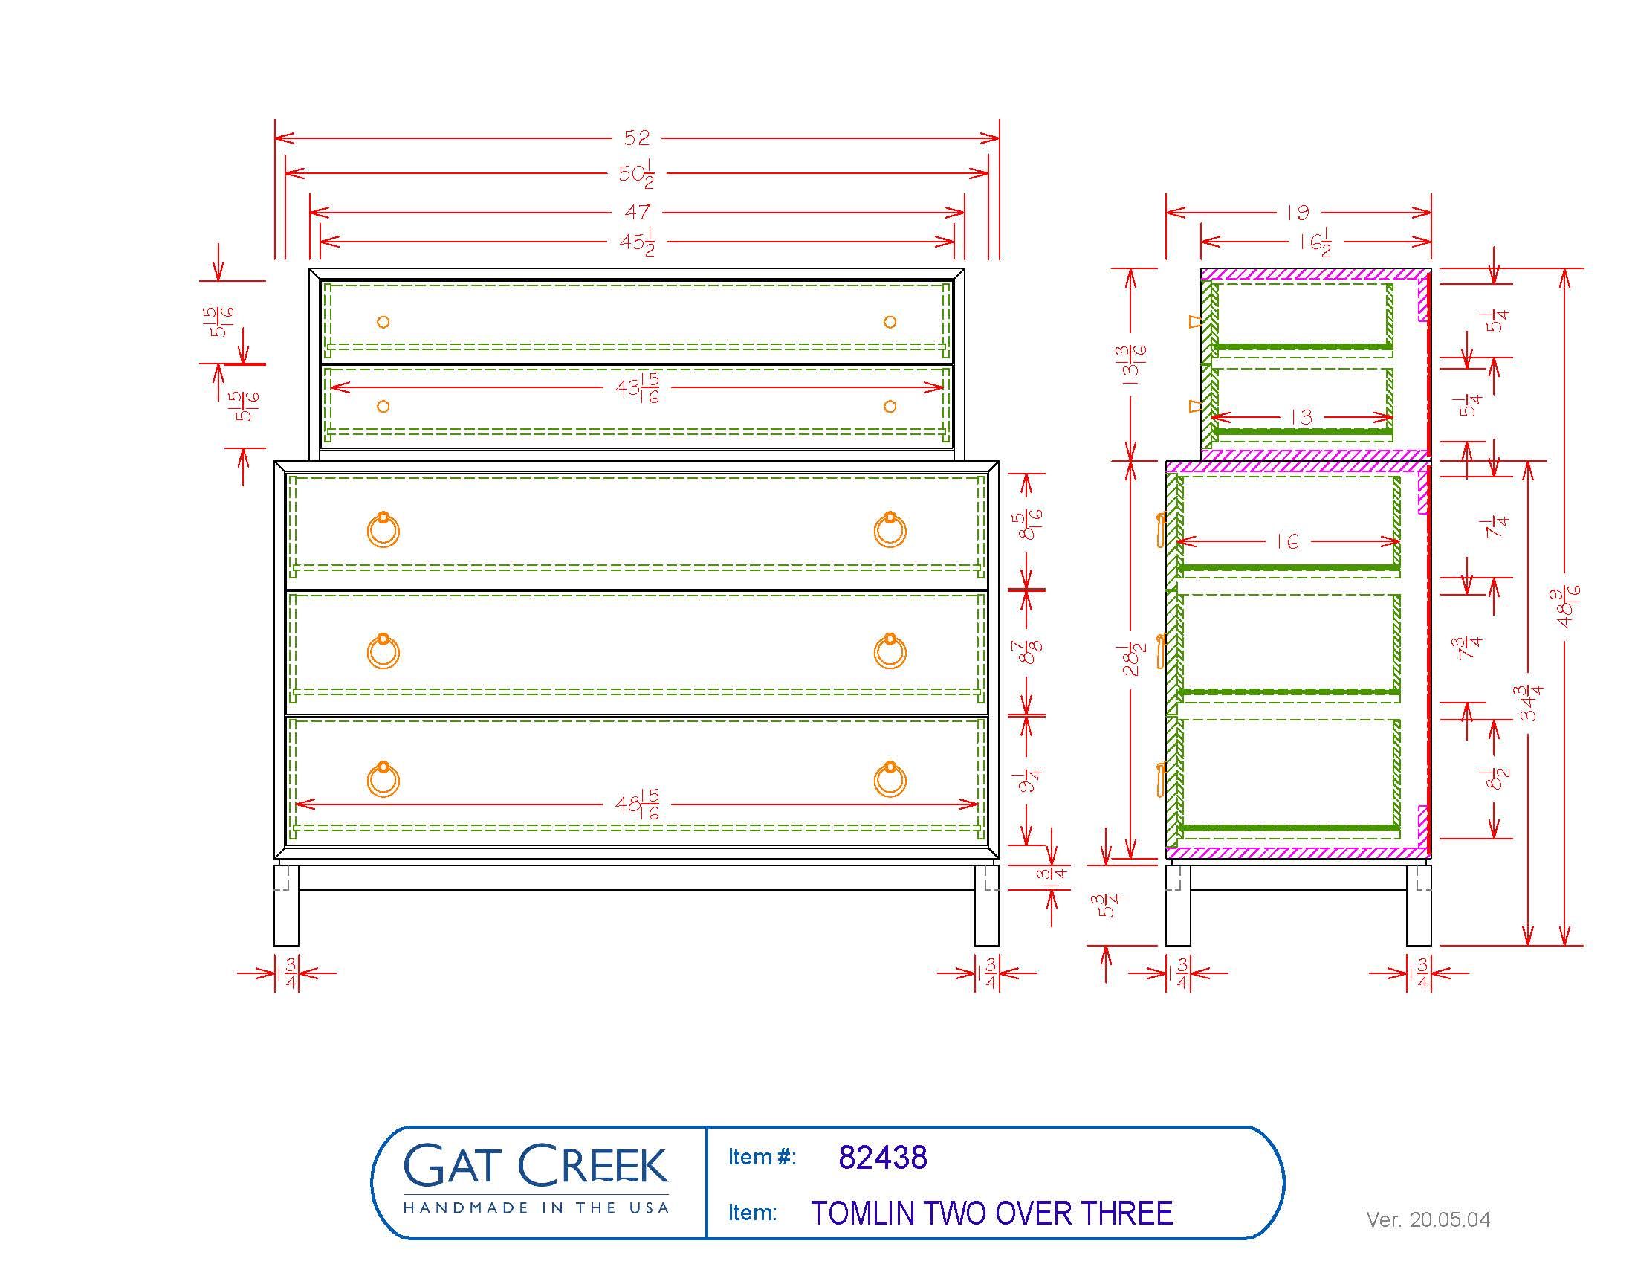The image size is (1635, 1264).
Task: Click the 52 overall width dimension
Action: point(637,138)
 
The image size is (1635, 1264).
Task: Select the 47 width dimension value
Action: point(637,213)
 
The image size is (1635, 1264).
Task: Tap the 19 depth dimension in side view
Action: point(1298,213)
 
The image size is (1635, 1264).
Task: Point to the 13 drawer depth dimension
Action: point(1302,417)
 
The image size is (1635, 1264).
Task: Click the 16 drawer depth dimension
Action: point(1287,541)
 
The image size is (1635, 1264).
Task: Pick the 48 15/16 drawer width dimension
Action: point(637,804)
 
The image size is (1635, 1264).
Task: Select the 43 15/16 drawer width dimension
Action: point(637,388)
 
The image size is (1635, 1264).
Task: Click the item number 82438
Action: point(883,1157)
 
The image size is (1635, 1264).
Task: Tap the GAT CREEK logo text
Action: point(535,1165)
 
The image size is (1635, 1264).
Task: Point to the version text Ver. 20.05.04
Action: point(1428,1220)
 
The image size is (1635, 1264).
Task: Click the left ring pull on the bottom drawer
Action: point(383,780)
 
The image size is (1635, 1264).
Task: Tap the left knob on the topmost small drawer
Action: point(383,322)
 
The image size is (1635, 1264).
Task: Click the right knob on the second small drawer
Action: point(890,407)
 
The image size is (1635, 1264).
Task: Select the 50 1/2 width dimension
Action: point(637,175)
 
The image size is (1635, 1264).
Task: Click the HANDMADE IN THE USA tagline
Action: point(535,1207)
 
